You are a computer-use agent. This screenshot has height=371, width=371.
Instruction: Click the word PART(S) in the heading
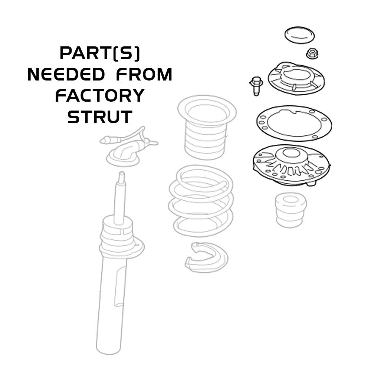click(100, 54)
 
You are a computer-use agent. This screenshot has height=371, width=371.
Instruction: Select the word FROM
click(144, 75)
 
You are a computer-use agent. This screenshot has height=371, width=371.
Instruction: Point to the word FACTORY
click(99, 96)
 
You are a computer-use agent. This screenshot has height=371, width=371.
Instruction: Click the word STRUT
click(99, 117)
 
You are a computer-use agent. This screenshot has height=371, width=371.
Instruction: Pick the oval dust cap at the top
click(300, 35)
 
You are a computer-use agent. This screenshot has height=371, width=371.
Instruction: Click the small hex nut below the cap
click(312, 54)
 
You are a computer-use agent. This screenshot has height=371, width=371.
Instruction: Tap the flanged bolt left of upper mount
click(256, 85)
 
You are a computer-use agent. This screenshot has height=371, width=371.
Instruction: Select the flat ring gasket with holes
click(294, 123)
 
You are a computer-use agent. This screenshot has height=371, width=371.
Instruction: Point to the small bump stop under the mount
click(291, 210)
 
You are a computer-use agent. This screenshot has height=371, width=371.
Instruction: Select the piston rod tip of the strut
click(121, 178)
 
